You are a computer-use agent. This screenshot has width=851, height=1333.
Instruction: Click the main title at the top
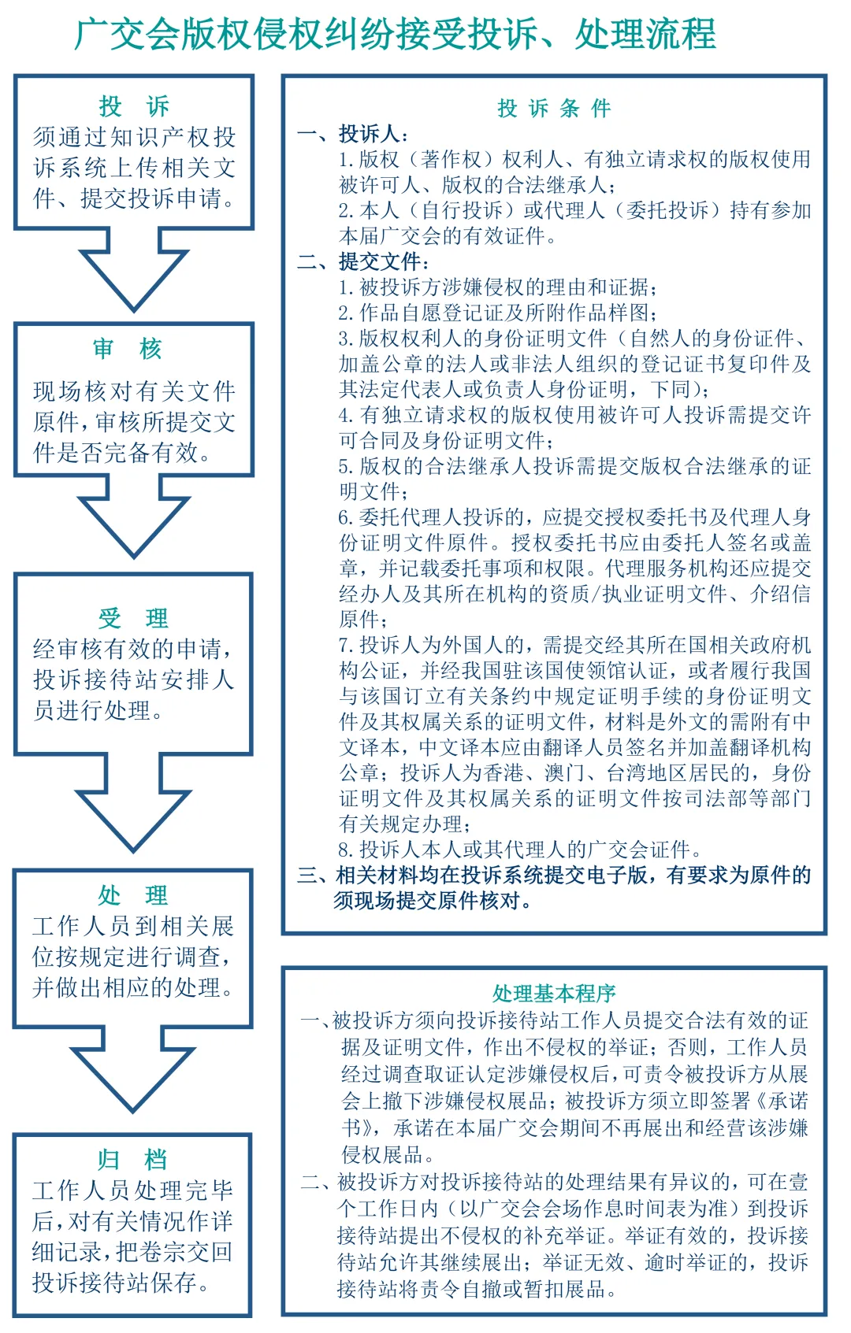pyautogui.click(x=395, y=35)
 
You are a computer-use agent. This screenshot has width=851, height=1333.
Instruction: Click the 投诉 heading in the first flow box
pyautogui.click(x=134, y=106)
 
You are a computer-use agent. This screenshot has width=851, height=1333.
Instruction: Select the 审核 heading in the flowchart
pyautogui.click(x=127, y=348)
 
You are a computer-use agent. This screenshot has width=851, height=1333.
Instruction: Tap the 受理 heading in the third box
pyautogui.click(x=133, y=618)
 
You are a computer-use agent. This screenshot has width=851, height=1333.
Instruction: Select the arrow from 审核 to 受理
pyautogui.click(x=134, y=516)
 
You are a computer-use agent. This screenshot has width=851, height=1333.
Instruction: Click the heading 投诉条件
pyautogui.click(x=554, y=109)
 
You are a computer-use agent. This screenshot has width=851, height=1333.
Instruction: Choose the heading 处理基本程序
pyautogui.click(x=554, y=993)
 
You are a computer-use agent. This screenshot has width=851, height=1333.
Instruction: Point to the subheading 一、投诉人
pyautogui.click(x=352, y=134)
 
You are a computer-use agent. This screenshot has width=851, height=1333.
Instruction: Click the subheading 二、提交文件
pyautogui.click(x=362, y=261)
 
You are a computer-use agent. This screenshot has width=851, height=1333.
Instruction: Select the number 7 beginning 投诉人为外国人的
pyautogui.click(x=344, y=646)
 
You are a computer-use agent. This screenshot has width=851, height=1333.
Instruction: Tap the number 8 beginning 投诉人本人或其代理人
pyautogui.click(x=344, y=850)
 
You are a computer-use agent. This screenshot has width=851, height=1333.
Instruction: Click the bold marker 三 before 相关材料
pyautogui.click(x=307, y=876)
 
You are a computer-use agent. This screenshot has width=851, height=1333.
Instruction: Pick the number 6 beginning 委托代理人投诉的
pyautogui.click(x=344, y=517)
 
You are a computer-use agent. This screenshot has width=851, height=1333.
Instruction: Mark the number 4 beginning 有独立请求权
pyautogui.click(x=344, y=415)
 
